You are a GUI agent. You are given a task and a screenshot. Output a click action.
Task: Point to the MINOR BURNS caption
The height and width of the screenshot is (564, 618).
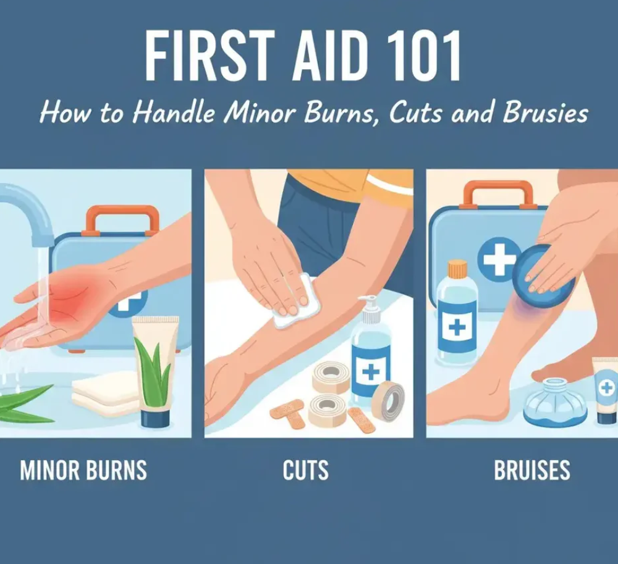(x=83, y=471)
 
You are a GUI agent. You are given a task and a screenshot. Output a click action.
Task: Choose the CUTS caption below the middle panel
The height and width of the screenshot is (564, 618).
(x=306, y=471)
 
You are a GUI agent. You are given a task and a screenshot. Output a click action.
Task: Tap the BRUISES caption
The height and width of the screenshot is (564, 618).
(x=532, y=471)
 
